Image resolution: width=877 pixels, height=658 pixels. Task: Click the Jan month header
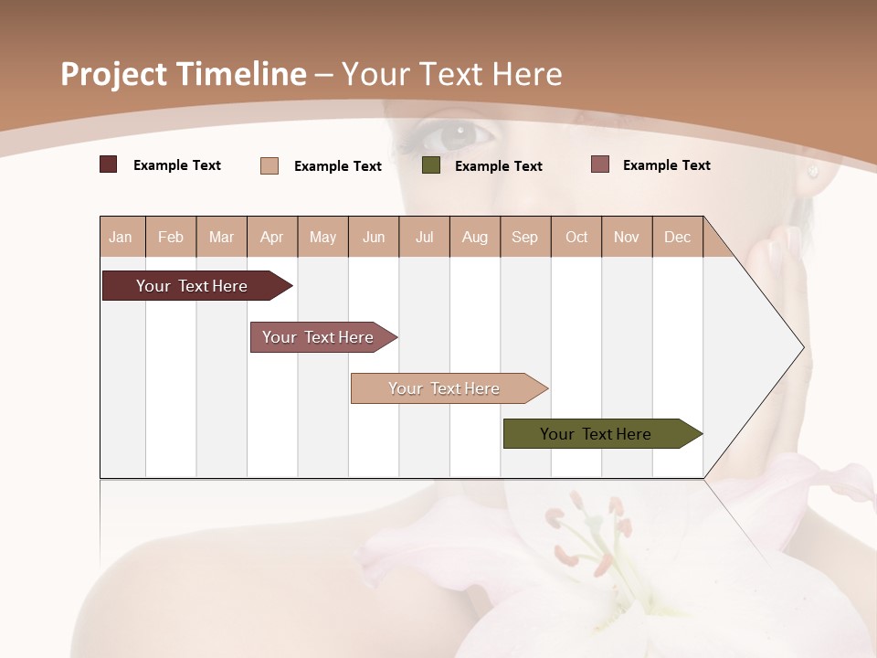pos(121,237)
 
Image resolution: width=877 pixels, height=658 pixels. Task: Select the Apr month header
pos(271,237)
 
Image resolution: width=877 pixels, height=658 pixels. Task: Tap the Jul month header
pos(424,237)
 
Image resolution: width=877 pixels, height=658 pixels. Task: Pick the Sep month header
pos(524,237)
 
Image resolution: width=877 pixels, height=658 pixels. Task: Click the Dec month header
pos(677,237)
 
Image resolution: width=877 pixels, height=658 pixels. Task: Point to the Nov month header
pos(626,237)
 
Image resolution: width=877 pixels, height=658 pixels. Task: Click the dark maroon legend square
pos(109,164)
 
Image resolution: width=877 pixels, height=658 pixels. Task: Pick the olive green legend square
pos(431,165)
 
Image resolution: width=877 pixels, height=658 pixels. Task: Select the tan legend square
pos(269,165)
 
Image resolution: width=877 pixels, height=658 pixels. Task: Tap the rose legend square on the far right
pos(600,164)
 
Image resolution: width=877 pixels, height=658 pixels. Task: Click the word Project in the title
pos(114,74)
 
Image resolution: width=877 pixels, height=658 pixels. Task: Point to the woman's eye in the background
pos(457,137)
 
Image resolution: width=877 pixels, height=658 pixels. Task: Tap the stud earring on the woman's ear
pos(813,172)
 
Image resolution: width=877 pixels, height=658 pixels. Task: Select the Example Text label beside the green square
pos(498,166)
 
